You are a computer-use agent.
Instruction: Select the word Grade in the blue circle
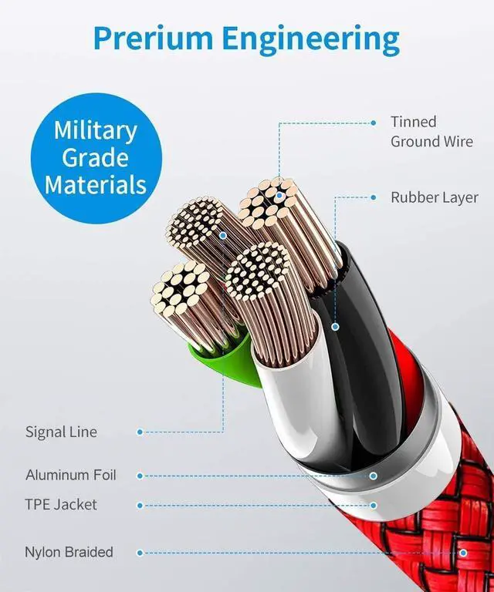95,157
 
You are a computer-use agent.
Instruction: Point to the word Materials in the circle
95,185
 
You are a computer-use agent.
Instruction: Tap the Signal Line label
62,432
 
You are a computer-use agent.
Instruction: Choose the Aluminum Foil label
71,475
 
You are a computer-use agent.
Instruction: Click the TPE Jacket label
62,505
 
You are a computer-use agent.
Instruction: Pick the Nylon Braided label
69,552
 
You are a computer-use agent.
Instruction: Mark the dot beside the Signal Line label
140,432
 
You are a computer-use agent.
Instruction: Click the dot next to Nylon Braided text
140,553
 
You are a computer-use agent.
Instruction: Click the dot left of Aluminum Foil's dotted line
140,476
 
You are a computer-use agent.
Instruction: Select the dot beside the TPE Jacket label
140,506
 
